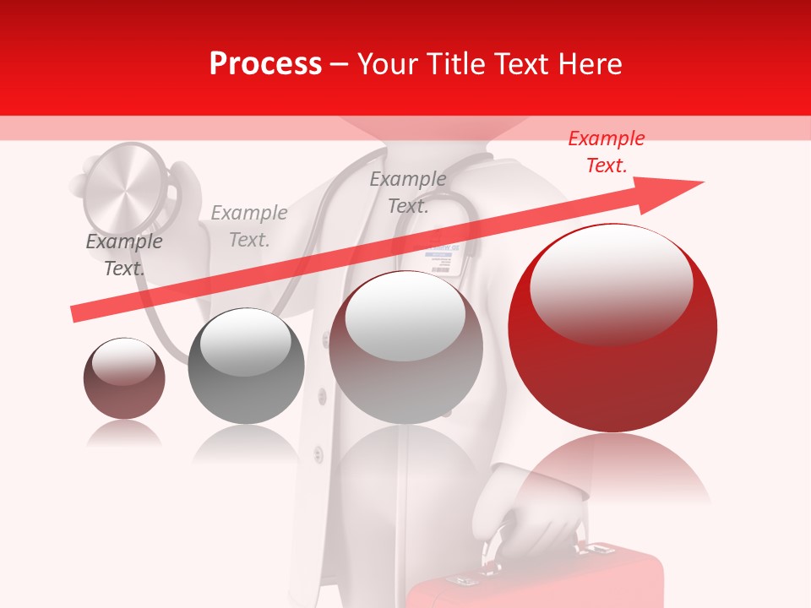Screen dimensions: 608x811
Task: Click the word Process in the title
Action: pyautogui.click(x=265, y=64)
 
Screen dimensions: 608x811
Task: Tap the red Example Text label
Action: pyautogui.click(x=606, y=152)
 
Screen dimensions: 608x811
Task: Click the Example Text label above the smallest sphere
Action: pyautogui.click(x=124, y=255)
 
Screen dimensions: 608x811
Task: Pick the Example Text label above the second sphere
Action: pyautogui.click(x=249, y=226)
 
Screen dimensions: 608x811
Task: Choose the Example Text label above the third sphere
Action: pyautogui.click(x=408, y=192)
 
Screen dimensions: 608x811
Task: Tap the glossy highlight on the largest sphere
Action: pyautogui.click(x=611, y=284)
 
